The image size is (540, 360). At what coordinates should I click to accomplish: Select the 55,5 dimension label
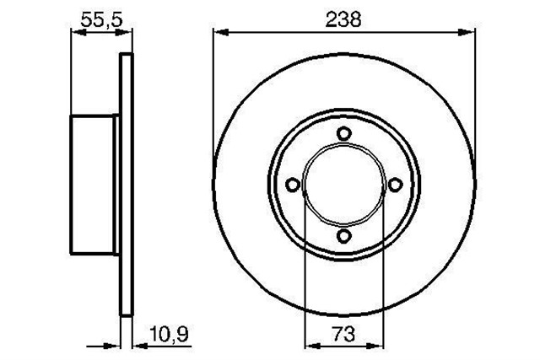pos(99,19)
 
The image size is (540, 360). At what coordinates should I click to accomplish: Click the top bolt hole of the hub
pos(343,133)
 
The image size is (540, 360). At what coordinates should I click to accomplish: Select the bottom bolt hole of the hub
pos(343,237)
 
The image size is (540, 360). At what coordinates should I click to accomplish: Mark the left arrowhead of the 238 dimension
pos(217,33)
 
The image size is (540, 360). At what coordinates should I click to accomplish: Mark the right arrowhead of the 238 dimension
pos(466,33)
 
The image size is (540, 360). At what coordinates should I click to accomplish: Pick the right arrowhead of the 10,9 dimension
pos(138,344)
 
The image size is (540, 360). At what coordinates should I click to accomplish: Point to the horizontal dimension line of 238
pos(278,33)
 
